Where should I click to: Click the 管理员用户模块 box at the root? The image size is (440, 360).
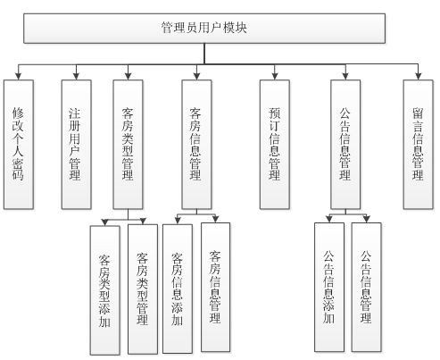pos(204,29)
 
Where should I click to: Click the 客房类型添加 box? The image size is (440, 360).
pos(105,290)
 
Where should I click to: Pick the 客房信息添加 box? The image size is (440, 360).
pos(178,289)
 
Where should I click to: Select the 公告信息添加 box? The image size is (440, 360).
pos(329,289)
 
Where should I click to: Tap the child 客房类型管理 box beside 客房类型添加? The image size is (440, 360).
pos(143,289)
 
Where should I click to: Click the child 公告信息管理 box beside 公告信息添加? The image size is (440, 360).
pos(366,288)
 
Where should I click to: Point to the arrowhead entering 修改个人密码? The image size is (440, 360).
pos(18,76)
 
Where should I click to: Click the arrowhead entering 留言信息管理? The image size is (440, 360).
pos(417,76)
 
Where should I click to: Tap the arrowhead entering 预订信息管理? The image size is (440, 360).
pos(273,76)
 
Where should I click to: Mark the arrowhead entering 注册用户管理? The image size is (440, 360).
pos(76,76)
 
